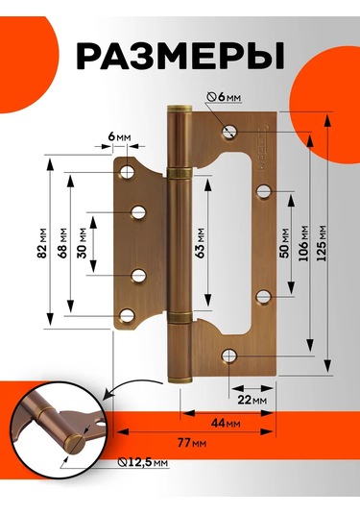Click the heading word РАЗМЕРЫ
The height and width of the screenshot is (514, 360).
(180, 56)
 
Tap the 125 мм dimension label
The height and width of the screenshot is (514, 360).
(322, 243)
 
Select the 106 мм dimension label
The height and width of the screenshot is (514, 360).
(303, 243)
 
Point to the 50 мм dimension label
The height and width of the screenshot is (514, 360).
(285, 243)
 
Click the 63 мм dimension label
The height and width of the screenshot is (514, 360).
(200, 243)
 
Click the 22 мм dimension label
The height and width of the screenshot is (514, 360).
(252, 400)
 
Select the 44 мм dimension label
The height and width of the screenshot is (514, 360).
(226, 423)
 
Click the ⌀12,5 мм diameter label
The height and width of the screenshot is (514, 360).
(143, 462)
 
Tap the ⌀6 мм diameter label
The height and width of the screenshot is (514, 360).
(225, 97)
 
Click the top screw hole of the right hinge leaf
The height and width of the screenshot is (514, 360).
(229, 132)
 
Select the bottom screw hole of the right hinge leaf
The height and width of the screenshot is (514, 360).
(229, 355)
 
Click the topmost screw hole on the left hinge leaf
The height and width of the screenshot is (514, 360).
(127, 172)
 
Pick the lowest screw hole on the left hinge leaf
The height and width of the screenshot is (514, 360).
(127, 316)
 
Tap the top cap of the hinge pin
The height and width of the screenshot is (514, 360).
(180, 109)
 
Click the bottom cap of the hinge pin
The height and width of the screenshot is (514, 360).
(180, 379)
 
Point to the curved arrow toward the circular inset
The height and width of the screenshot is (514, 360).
(130, 384)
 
